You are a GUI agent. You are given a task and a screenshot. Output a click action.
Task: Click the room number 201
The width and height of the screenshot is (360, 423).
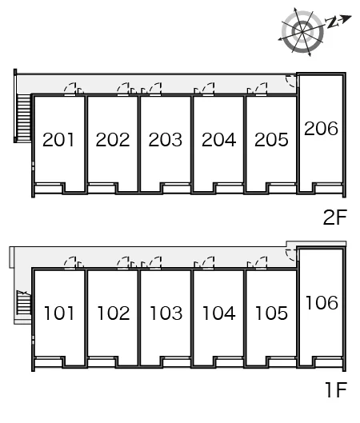pos(58,140)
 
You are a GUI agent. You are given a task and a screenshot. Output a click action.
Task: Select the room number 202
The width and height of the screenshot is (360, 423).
pos(113,140)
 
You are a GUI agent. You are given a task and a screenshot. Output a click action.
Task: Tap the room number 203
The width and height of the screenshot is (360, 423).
pos(165,140)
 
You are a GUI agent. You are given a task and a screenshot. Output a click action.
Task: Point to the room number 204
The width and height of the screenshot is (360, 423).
pos(218,140)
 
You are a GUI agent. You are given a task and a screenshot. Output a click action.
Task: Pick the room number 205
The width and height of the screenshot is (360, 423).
pos(271,140)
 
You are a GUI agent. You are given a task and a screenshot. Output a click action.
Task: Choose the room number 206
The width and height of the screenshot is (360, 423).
pos(321,129)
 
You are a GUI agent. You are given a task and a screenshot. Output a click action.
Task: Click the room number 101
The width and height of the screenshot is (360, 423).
pos(59,313)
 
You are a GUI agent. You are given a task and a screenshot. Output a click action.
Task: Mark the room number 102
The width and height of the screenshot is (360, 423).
pos(114,313)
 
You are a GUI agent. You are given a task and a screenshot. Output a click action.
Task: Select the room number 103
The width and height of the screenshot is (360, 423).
pos(166,313)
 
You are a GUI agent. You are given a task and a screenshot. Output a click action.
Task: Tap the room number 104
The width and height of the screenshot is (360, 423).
pos(219,313)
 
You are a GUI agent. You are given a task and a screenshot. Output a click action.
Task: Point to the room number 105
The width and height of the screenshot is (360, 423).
pos(271,313)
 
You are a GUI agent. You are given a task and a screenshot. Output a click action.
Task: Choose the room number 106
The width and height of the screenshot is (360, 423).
pos(322,302)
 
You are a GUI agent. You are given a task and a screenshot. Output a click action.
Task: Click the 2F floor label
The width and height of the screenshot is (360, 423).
pos(335,217)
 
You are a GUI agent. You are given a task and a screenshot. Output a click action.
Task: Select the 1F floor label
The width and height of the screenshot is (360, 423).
pos(336,390)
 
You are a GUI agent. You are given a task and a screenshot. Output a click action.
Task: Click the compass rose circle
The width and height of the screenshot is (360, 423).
pos(302,32)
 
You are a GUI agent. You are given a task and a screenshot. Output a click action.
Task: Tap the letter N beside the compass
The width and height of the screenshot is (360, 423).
pos(332,23)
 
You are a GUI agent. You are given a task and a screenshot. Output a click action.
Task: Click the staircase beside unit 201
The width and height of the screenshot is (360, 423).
pos(24,118)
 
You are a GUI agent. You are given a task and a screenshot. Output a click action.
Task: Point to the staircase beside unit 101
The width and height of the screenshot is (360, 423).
pos(24,303)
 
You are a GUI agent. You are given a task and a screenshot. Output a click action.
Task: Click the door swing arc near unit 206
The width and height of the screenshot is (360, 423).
pos(291,82)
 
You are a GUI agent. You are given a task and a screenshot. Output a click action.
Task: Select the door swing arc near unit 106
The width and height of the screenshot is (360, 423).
pos(291,255)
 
